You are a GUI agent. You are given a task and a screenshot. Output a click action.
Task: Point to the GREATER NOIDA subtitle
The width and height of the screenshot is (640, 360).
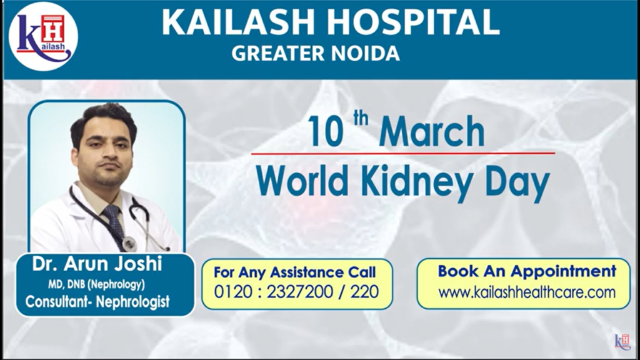click(x=316, y=54)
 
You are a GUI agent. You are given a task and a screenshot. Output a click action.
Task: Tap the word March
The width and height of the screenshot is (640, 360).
click(x=431, y=132)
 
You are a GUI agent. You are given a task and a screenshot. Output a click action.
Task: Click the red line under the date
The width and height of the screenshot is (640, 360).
click(x=402, y=152)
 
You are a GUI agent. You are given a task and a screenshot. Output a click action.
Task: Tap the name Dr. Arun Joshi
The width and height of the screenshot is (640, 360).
click(x=97, y=264)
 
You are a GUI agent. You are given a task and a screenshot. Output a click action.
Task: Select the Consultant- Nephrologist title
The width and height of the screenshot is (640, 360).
click(x=97, y=302)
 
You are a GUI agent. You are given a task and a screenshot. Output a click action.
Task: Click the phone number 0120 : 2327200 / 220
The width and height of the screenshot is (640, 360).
click(x=296, y=292)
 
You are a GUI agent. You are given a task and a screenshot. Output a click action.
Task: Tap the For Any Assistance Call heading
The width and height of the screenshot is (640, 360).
click(x=295, y=272)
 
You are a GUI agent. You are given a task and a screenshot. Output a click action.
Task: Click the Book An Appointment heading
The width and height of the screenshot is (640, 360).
click(x=527, y=271)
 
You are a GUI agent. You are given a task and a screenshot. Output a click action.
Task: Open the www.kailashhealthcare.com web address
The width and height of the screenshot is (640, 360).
click(x=527, y=292)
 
